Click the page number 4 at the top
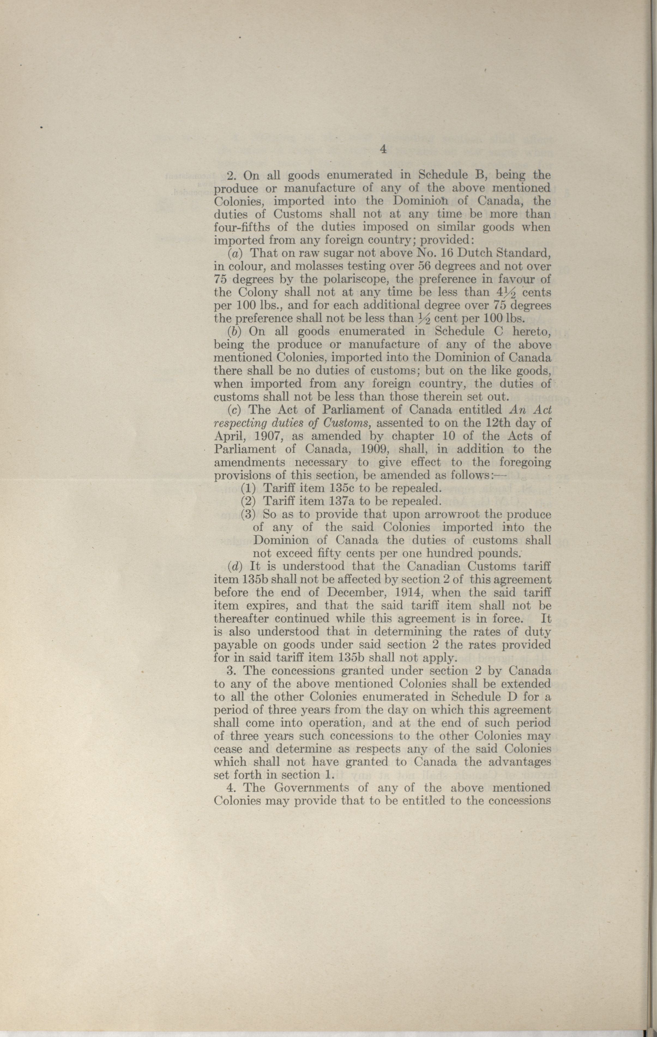coord(383,150)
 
